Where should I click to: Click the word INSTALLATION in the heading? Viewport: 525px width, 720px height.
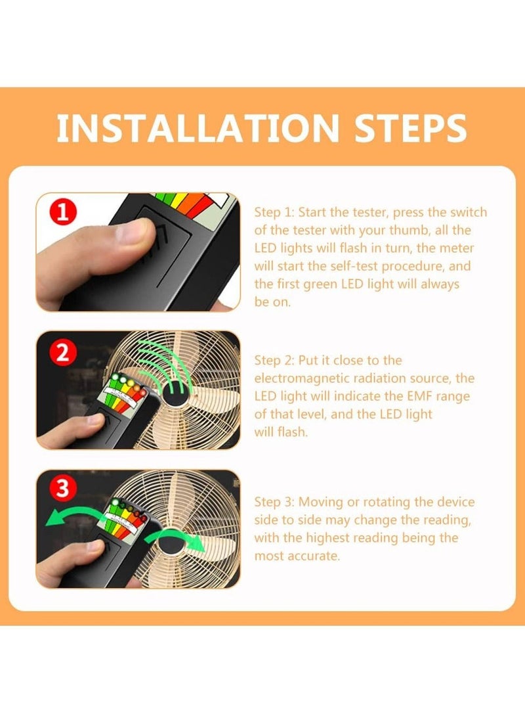click(x=198, y=128)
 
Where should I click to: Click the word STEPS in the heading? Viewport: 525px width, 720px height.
click(x=410, y=128)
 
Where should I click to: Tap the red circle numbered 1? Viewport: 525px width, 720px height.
click(x=63, y=212)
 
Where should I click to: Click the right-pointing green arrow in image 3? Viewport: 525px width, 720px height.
click(x=177, y=538)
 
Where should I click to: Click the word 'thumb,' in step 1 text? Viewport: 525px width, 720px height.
click(x=409, y=230)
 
